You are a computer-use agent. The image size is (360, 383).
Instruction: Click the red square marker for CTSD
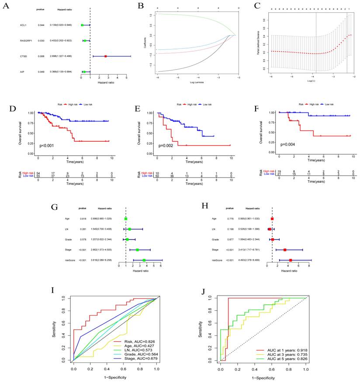click(105, 56)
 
